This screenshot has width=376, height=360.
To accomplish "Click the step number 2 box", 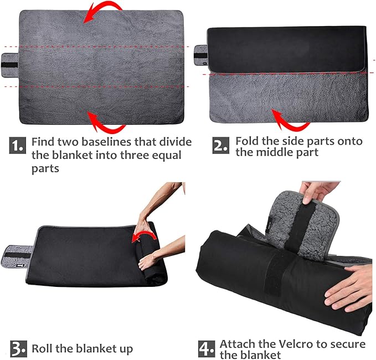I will [x=220, y=145].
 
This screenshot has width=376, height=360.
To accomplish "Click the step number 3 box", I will [x=18, y=349].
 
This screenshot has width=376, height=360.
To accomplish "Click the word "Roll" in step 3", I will [x=42, y=349].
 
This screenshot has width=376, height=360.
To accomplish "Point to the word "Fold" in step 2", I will [x=247, y=141].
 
